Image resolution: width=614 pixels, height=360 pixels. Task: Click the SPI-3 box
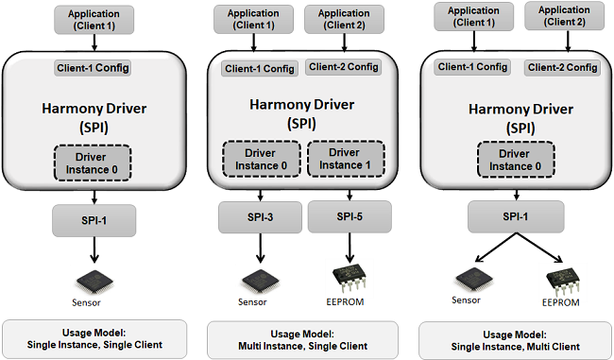(260, 217)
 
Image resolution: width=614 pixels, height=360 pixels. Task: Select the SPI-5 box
(350, 216)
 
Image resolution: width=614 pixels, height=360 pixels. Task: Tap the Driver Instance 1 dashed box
(346, 159)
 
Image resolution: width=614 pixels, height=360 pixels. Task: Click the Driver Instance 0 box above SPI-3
(262, 159)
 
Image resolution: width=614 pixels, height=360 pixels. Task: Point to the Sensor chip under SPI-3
(260, 281)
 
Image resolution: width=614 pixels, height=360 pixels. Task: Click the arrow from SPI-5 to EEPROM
(350, 248)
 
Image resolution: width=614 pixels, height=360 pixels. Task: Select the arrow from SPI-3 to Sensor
(260, 248)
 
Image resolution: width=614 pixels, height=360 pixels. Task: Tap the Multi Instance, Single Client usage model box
(302, 340)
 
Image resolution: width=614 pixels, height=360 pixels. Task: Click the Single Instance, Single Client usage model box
(94, 339)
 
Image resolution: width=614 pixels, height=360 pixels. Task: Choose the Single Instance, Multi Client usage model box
(515, 341)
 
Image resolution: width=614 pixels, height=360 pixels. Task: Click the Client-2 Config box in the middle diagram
(344, 67)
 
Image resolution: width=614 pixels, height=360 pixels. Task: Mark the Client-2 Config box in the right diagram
(562, 67)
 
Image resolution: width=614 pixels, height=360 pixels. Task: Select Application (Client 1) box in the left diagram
(94, 20)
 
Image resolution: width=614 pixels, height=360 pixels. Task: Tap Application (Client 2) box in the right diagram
(564, 16)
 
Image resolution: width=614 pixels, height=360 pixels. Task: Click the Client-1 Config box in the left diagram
(93, 68)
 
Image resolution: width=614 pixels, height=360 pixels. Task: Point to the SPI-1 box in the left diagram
(94, 220)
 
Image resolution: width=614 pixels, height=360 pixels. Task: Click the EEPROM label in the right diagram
(561, 302)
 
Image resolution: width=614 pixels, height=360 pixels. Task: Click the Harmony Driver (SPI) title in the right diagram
(520, 118)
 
